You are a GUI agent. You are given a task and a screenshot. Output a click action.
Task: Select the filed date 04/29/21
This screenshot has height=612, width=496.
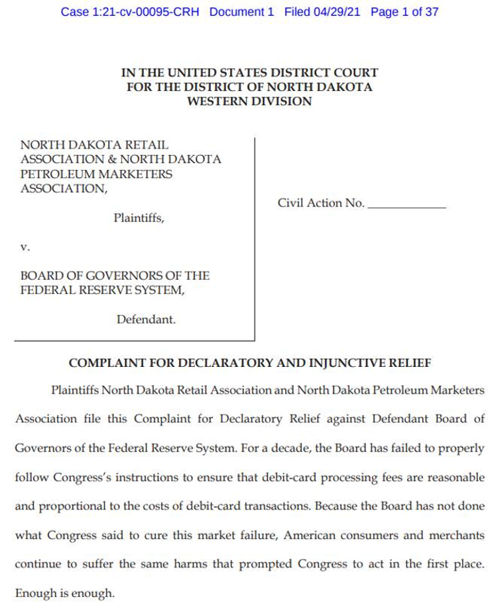coord(338,12)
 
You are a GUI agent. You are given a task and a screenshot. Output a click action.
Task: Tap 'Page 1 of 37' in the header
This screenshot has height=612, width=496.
coord(404,12)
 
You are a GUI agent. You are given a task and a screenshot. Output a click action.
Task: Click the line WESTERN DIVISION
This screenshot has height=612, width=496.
coord(249,101)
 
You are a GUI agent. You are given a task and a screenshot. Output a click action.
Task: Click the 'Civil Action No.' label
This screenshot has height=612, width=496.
coord(321,203)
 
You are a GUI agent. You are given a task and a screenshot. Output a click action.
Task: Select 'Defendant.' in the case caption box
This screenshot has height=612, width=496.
coord(146,319)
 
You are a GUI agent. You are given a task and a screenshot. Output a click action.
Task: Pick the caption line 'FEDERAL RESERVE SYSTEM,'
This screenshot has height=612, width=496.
coord(103,290)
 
